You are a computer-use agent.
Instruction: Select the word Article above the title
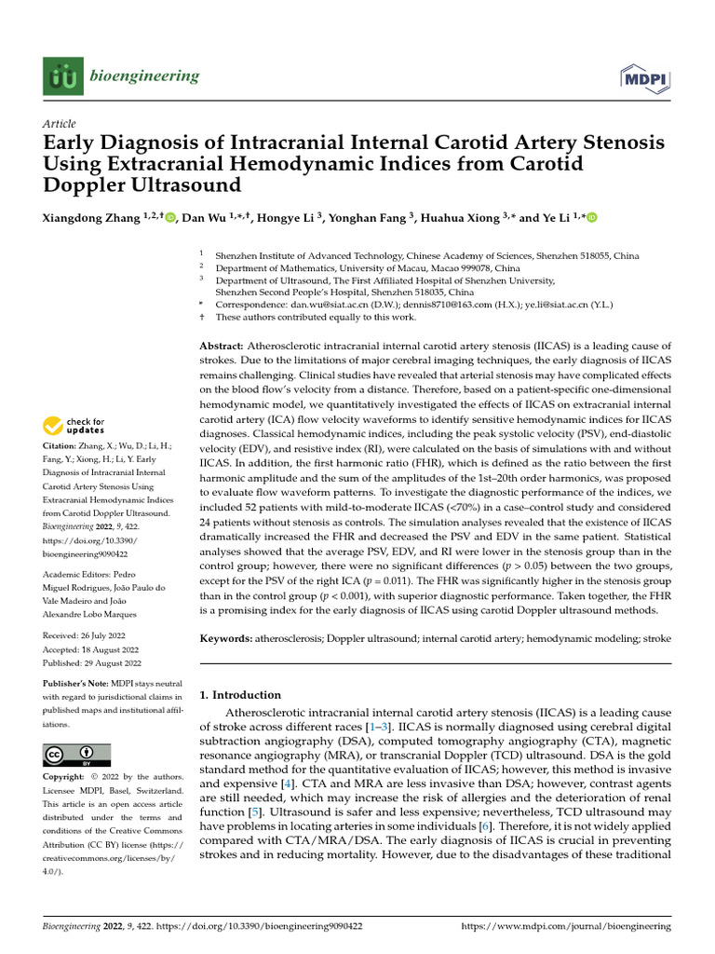[x=60, y=124]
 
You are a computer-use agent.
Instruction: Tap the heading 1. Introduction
[x=240, y=695]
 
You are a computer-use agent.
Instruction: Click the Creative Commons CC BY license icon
[x=76, y=755]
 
